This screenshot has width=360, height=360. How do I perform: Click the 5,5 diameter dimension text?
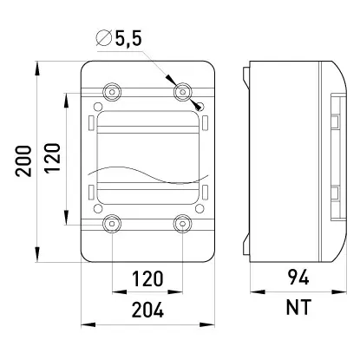click(128, 38)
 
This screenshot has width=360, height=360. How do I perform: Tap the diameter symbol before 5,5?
click(104, 38)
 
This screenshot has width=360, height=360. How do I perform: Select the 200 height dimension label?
click(23, 161)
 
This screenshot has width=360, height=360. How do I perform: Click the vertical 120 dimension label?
click(52, 158)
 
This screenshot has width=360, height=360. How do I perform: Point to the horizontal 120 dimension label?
click(147, 278)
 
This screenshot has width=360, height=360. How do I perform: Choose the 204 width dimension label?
click(147, 310)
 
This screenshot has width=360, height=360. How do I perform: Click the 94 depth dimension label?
click(298, 277)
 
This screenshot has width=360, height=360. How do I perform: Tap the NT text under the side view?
click(298, 307)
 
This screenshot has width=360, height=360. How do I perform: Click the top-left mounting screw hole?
click(112, 92)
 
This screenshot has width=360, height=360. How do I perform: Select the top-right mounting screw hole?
click(183, 92)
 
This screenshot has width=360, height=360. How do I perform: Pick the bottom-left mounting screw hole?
click(112, 224)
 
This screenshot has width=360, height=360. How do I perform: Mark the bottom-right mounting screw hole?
click(183, 224)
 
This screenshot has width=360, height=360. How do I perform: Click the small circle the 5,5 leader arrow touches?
click(200, 107)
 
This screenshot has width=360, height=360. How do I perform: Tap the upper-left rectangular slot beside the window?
click(90, 122)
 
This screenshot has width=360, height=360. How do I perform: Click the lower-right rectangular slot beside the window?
click(205, 193)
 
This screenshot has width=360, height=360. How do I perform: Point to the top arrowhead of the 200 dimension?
click(37, 69)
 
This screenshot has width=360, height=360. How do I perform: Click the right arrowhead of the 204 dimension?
click(207, 324)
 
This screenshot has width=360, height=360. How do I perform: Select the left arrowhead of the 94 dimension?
click(258, 292)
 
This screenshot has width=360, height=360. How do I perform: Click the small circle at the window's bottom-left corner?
click(98, 208)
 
